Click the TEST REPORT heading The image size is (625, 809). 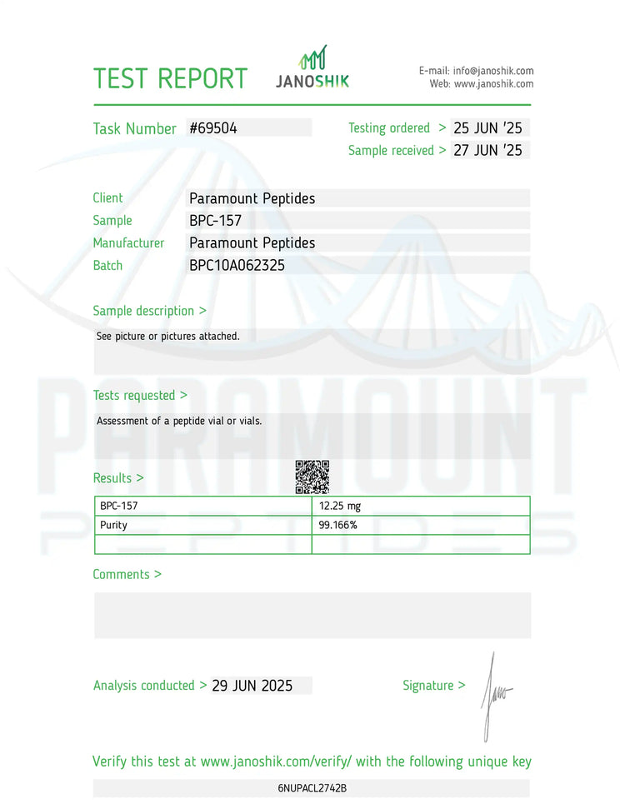click(x=170, y=78)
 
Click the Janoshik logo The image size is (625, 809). click(x=312, y=67)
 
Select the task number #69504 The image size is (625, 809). click(x=213, y=128)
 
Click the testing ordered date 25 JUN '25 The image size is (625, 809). click(x=487, y=128)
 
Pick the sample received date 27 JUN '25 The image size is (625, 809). click(x=487, y=151)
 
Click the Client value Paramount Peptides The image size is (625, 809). click(x=252, y=198)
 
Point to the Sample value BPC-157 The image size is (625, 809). click(x=215, y=221)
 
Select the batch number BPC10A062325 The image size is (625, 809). click(x=242, y=266)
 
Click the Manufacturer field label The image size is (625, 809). click(x=128, y=243)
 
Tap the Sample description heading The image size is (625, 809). click(x=149, y=311)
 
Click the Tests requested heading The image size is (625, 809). click(x=140, y=396)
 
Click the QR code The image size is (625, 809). click(x=312, y=477)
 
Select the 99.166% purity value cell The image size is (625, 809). click(x=338, y=526)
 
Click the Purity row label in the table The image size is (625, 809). click(x=114, y=526)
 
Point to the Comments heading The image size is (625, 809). click(x=127, y=575)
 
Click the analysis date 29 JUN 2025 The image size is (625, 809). click(x=252, y=686)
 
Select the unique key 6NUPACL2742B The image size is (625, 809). click(x=312, y=787)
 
